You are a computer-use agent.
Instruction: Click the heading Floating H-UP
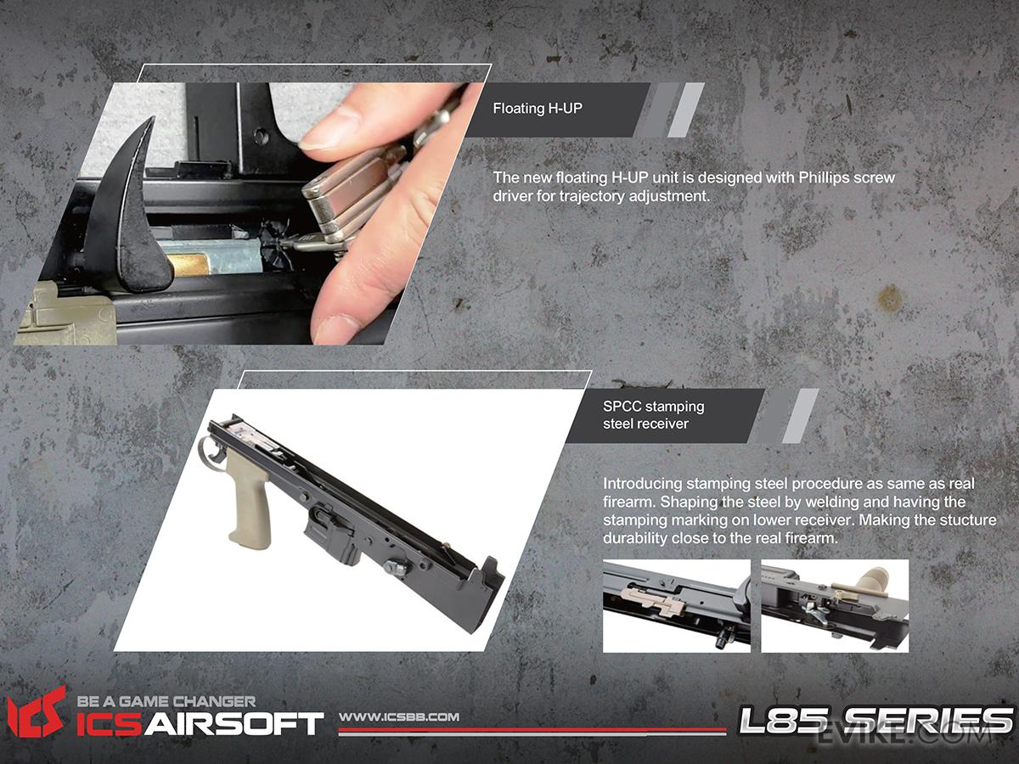coord(538,109)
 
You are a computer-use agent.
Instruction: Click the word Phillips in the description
coord(821,178)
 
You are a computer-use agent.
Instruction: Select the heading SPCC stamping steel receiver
coord(653,415)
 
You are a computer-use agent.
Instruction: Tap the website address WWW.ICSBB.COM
coord(399,717)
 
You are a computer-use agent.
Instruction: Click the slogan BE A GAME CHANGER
coord(166,701)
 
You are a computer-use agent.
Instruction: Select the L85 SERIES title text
coord(875,721)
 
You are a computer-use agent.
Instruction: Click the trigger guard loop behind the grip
coord(211,450)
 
